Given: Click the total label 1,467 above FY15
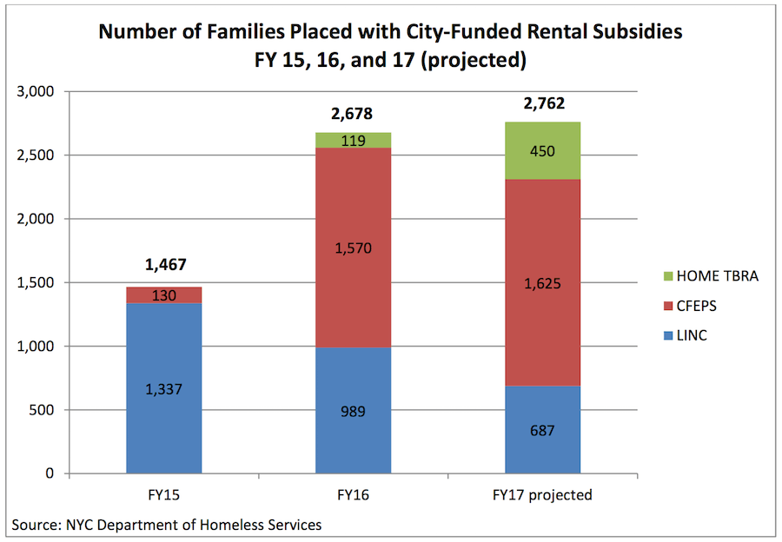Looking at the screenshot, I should (x=163, y=265).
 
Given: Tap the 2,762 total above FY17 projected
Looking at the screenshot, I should (x=542, y=104).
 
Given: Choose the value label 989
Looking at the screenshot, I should (x=353, y=411).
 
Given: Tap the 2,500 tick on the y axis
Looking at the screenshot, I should (x=36, y=155).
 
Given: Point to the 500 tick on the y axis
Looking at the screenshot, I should (x=43, y=410).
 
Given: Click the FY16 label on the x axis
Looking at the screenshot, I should (x=353, y=495).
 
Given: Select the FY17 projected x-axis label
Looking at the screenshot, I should (x=542, y=495).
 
